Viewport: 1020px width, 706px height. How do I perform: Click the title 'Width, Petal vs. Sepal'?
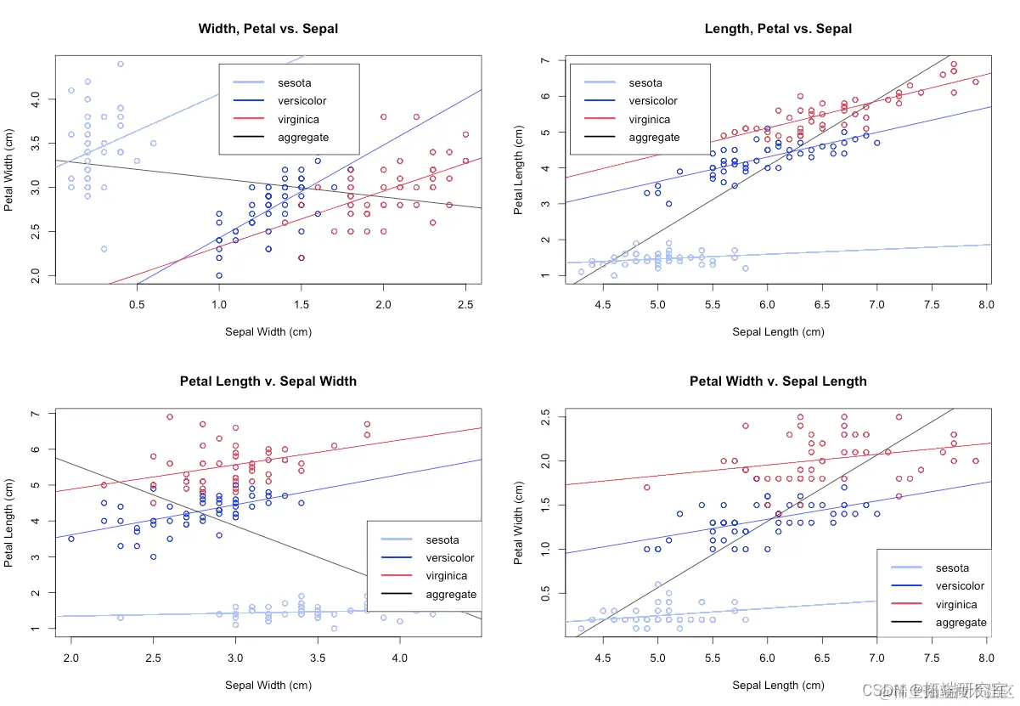[x=268, y=29]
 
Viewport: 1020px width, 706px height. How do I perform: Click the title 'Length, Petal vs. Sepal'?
[x=778, y=29]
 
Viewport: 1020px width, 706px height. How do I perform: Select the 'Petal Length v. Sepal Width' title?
[x=268, y=381]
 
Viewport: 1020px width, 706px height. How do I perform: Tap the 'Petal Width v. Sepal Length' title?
[x=778, y=381]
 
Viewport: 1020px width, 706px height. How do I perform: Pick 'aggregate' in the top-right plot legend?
[x=654, y=137]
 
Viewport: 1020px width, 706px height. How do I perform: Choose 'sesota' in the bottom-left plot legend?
[x=442, y=539]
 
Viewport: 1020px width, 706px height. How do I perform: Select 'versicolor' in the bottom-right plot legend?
[x=960, y=586]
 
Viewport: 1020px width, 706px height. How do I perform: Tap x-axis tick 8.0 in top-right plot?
[x=986, y=303]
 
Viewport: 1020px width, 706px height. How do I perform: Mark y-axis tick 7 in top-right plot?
[x=544, y=61]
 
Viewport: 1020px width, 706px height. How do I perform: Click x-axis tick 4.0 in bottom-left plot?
[x=399, y=657]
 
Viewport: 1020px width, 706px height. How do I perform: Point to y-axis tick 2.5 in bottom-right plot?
[x=544, y=416]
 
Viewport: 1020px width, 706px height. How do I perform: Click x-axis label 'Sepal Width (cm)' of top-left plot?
[x=268, y=332]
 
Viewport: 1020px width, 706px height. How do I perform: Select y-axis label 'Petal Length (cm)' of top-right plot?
[x=519, y=170]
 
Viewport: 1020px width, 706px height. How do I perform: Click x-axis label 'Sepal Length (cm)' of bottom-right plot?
[x=778, y=685]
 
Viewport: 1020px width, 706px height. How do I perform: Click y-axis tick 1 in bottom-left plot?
[x=36, y=629]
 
